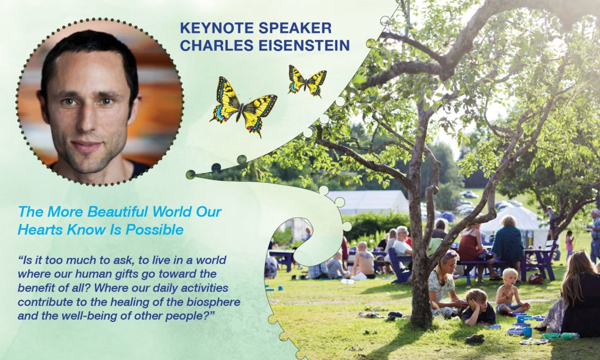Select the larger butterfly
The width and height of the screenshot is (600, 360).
click(x=243, y=104)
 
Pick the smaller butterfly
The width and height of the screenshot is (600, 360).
click(x=307, y=80)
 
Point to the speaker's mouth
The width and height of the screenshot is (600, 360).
click(x=87, y=145)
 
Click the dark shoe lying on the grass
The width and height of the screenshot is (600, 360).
click(x=475, y=338)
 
